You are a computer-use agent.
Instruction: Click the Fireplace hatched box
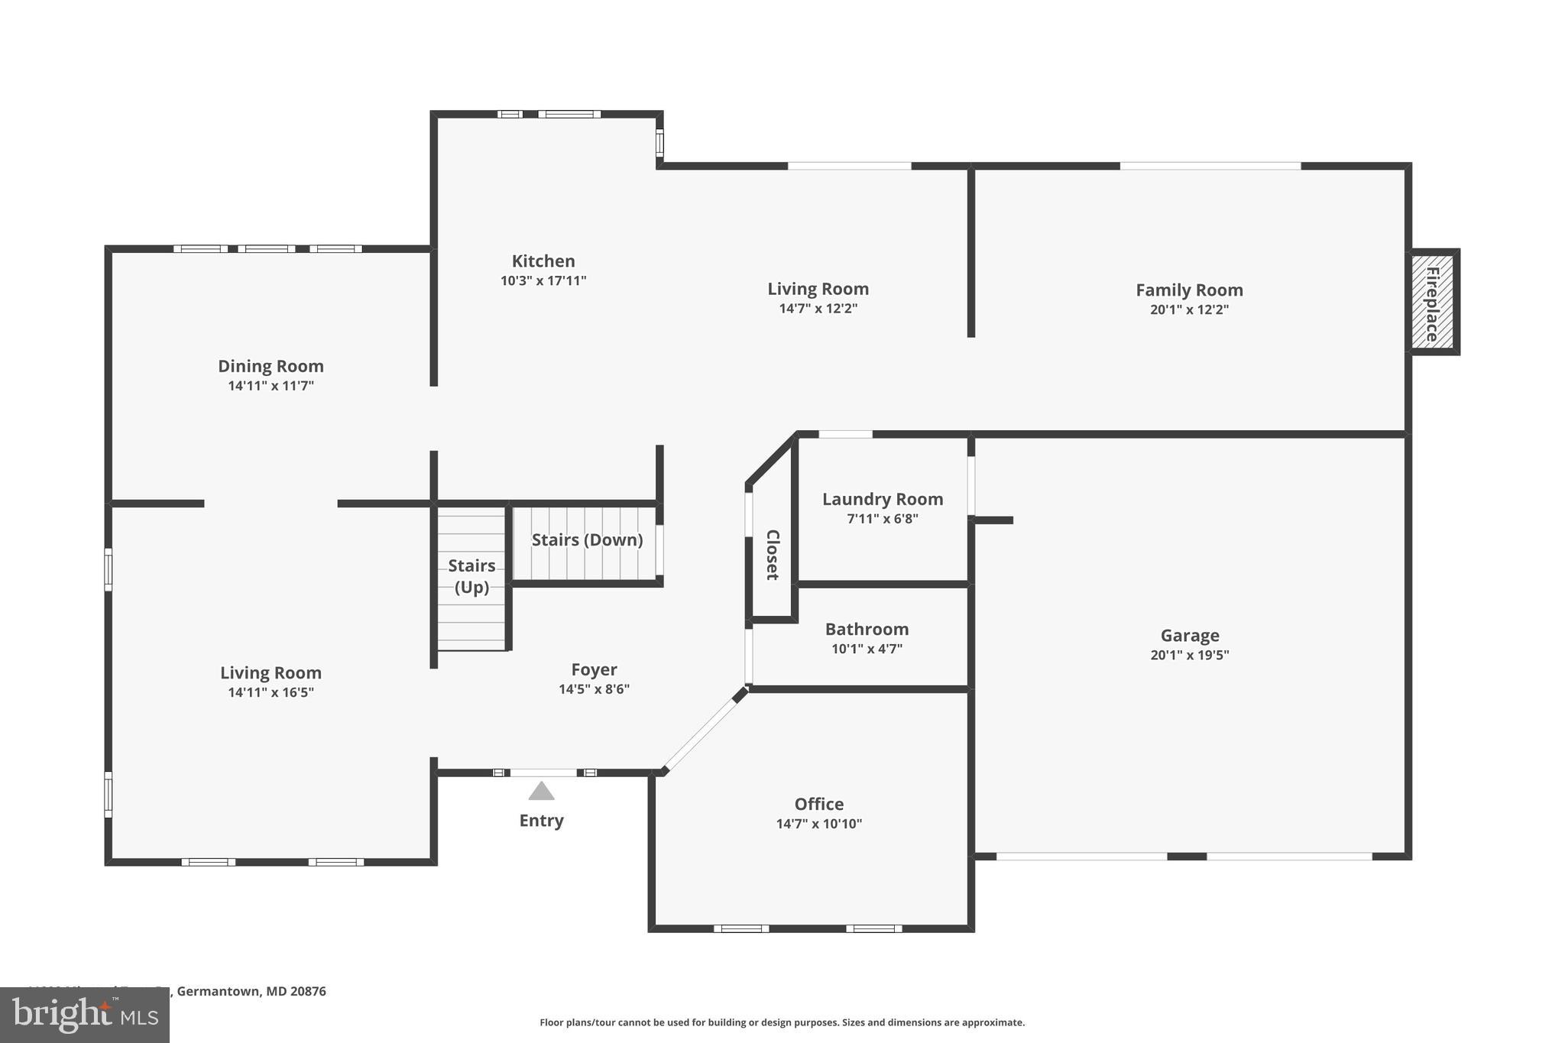[x=1433, y=302]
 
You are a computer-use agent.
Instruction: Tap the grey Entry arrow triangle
[x=541, y=791]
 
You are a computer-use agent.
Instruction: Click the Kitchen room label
[x=543, y=261]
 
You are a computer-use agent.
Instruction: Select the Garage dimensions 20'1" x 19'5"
[x=1189, y=655]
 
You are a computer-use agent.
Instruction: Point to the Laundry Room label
[x=883, y=499]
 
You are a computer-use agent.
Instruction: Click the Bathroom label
[x=867, y=629]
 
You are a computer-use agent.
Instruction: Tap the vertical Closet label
[x=773, y=555]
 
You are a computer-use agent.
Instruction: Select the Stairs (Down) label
[x=587, y=540]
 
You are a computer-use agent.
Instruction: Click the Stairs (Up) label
[x=471, y=576]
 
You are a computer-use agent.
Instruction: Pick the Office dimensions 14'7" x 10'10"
[x=818, y=824]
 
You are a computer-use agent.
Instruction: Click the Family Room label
[x=1189, y=290]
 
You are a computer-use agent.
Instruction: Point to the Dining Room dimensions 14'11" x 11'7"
[x=271, y=386]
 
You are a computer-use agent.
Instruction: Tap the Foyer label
[x=594, y=669]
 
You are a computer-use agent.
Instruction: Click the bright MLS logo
[x=84, y=1015]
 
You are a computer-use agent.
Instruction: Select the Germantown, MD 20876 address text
[x=251, y=991]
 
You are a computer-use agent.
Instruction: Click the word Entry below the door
[x=541, y=821]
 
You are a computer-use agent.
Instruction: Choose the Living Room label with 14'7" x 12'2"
[x=818, y=289]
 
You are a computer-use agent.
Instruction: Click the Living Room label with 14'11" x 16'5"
[x=271, y=672]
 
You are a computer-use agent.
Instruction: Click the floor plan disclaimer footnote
[x=782, y=1022]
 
